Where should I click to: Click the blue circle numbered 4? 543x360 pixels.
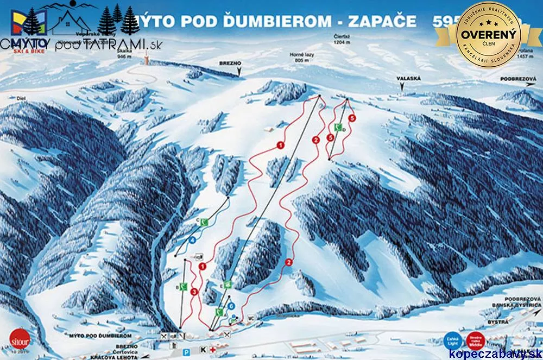pyautogui.click(x=193, y=239)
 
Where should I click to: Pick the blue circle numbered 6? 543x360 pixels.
pyautogui.click(x=231, y=306)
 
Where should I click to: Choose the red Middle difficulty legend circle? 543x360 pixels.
pyautogui.click(x=476, y=340)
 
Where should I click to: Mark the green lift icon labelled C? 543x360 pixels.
pyautogui.click(x=204, y=222)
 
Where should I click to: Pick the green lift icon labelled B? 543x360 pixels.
pyautogui.click(x=184, y=287)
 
